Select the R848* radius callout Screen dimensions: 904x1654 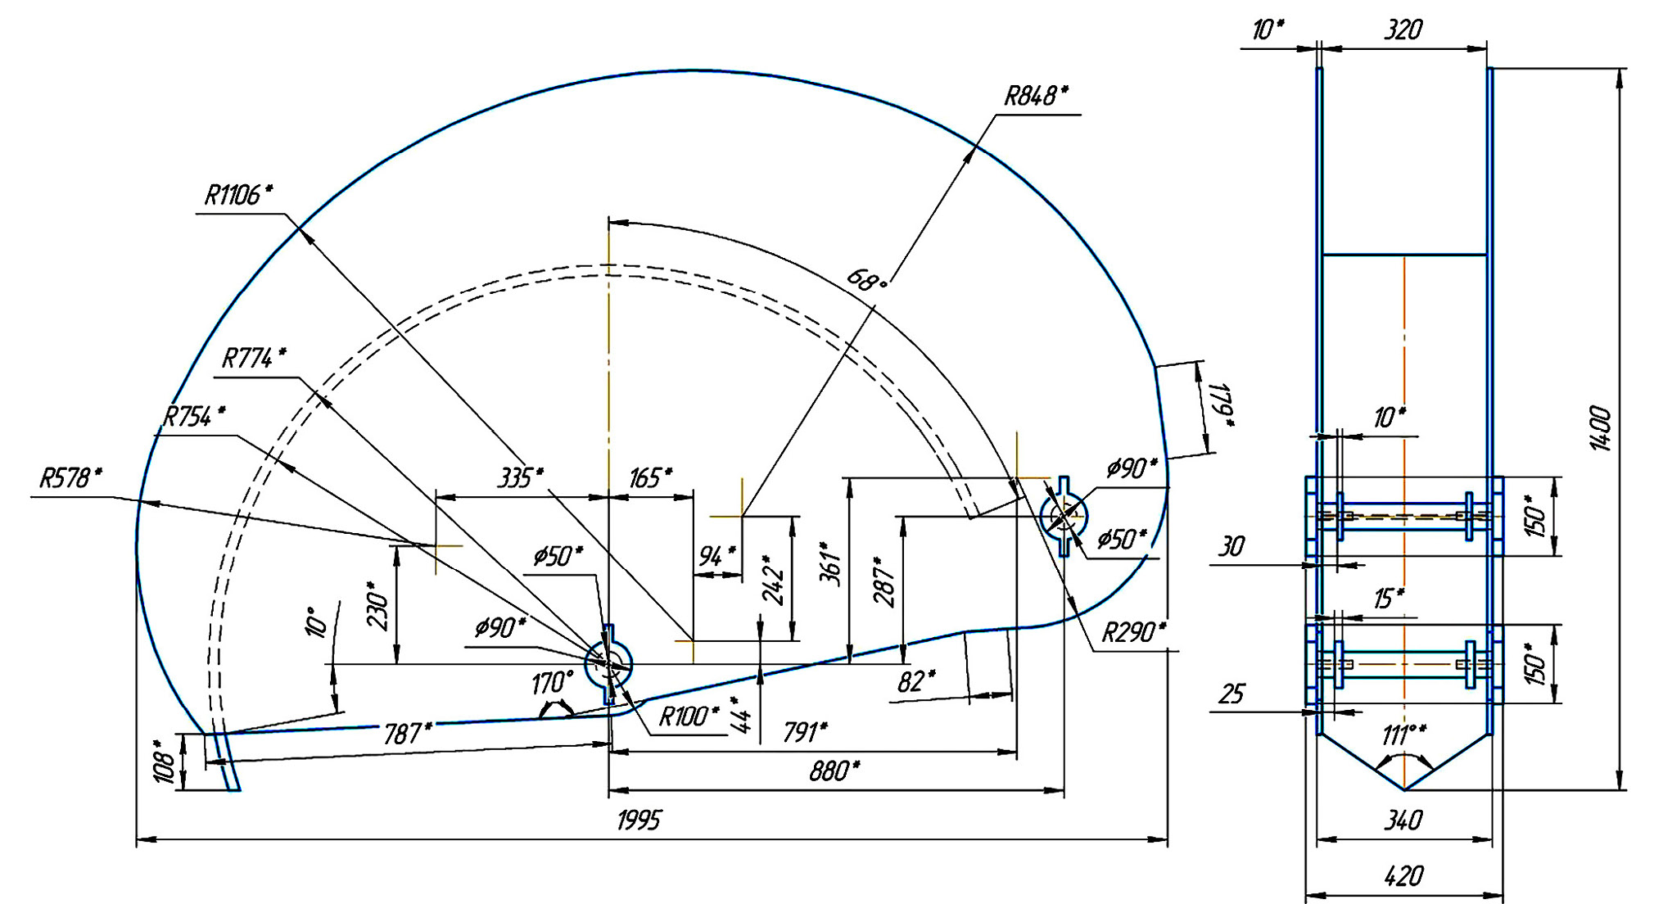1036,97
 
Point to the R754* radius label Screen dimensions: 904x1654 194,417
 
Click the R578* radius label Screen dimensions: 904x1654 71,478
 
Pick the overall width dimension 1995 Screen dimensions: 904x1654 638,820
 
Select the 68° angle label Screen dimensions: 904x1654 866,282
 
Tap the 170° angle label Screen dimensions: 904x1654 553,682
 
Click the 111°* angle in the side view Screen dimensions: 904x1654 1404,734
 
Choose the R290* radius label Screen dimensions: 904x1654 1133,632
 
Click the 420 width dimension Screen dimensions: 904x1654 1403,876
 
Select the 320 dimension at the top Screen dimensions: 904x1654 1403,30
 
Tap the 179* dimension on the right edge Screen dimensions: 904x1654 1222,404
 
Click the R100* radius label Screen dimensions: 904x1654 689,716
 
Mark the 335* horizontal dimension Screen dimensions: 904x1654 520,477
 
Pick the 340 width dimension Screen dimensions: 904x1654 1403,820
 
